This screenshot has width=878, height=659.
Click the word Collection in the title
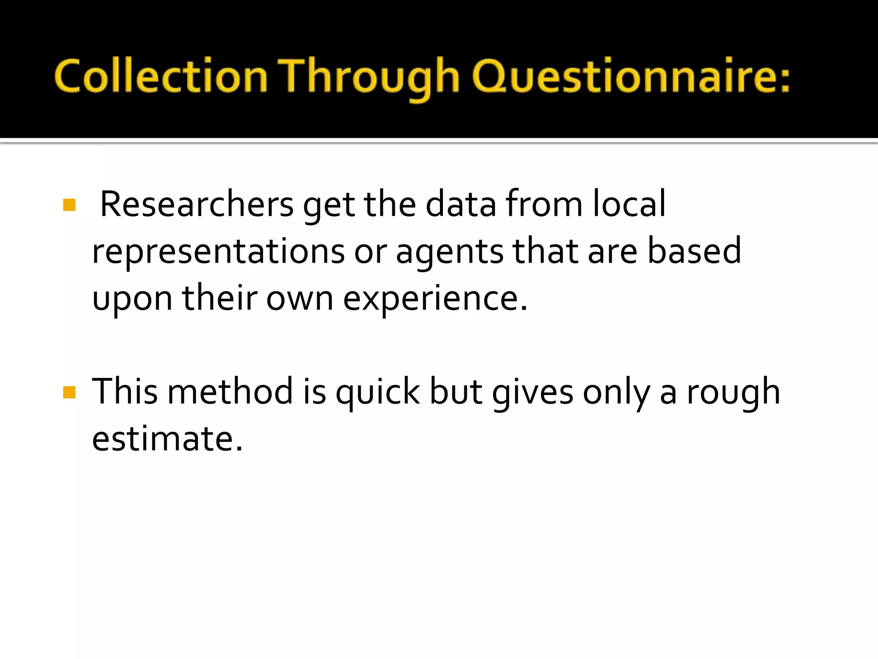pos(161,76)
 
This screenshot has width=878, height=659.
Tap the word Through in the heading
pos(369,76)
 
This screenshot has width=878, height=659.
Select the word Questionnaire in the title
pos(618,76)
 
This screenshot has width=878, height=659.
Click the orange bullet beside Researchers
pos(69,205)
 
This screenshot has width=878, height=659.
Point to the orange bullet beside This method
pos(69,392)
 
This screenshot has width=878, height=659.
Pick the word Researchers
pos(196,205)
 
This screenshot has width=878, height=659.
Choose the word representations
pos(218,252)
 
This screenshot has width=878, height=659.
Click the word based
pos(694,251)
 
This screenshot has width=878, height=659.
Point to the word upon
pos(132,299)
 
